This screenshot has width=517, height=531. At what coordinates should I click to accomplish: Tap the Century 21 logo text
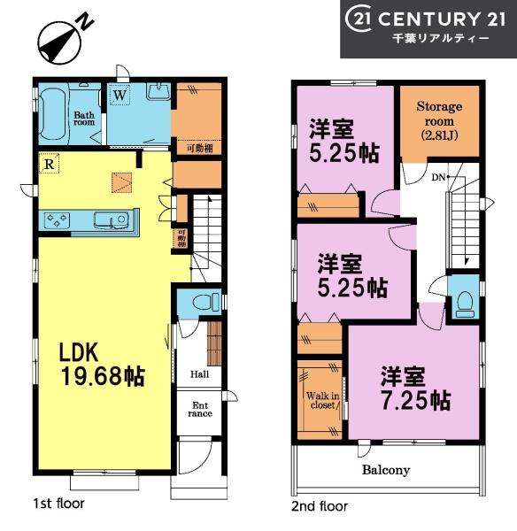coord(425,19)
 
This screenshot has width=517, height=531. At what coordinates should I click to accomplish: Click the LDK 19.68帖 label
coord(103,365)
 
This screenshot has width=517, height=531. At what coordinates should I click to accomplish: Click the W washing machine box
coord(120,96)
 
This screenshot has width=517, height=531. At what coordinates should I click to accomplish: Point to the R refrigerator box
coord(49,164)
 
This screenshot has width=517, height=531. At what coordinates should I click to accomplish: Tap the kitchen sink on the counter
coord(111,220)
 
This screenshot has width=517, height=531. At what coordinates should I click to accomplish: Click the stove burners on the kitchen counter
coord(57,219)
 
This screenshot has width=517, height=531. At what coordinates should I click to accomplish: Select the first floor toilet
coord(205,302)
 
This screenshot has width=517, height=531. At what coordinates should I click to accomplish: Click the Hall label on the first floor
coord(199,374)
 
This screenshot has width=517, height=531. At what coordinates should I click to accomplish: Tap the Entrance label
coord(200,410)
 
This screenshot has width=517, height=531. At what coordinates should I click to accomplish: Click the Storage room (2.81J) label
coord(439,121)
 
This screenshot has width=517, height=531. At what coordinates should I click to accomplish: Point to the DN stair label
coord(438,177)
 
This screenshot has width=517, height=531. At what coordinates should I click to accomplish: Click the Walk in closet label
coord(322,401)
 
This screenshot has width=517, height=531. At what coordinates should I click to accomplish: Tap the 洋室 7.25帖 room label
coord(415,389)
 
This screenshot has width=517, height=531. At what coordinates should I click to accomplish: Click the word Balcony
coord(386,470)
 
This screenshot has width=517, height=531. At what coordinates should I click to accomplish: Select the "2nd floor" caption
coord(320,506)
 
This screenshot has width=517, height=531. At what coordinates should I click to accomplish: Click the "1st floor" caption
coord(59,504)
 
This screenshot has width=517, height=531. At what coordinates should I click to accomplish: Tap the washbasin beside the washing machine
coord(158,91)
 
